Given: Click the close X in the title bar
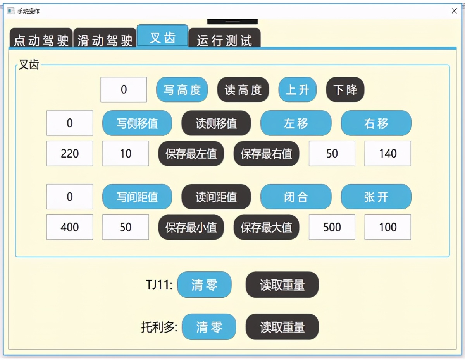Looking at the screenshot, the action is tap(454, 11).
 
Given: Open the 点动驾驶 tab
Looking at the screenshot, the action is tap(41, 38).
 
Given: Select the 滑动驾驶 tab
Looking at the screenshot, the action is tap(105, 38).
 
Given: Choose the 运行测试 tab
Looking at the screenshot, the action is tap(224, 38).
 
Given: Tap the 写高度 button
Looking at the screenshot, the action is tap(182, 89).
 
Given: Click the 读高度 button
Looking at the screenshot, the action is tap(243, 89).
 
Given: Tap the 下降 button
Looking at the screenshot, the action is tap(345, 89).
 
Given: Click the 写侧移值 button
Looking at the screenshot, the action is tap(137, 123).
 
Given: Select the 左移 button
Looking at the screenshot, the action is tap(296, 123).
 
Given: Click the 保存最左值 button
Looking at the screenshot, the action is tap(191, 153).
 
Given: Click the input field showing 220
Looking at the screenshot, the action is tap(70, 153).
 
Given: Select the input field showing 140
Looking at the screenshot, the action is tap(388, 153).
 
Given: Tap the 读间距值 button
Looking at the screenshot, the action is tap(216, 197).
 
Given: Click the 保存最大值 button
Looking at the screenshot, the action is tap(267, 227).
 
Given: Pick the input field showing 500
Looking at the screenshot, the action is tap(332, 227).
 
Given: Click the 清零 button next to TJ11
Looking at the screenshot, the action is tap(204, 285).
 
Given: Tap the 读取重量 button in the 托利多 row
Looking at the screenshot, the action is tap(282, 327).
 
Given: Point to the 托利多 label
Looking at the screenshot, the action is tap(159, 327).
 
